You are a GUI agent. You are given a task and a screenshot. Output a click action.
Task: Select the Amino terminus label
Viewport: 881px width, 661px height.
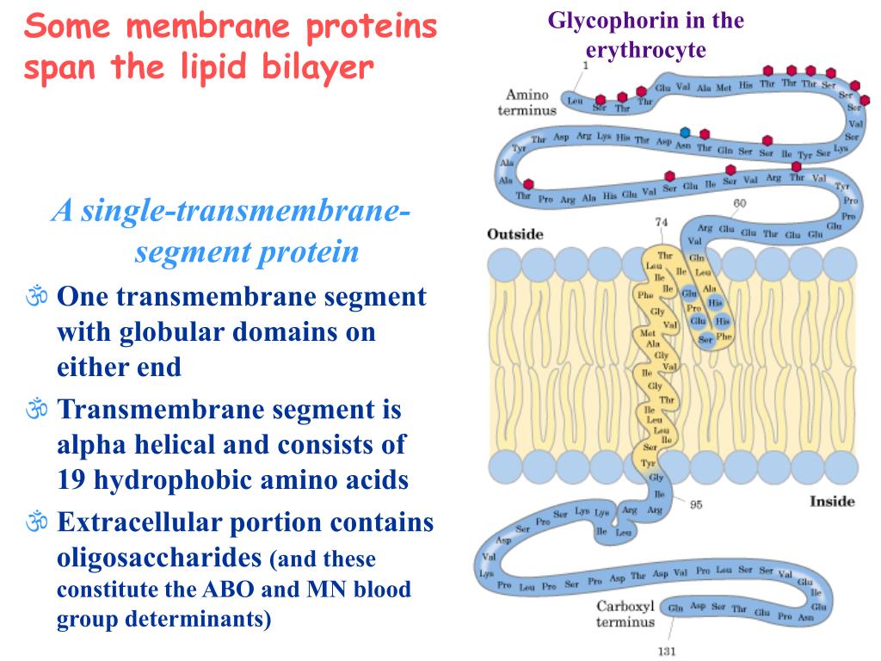click(527, 102)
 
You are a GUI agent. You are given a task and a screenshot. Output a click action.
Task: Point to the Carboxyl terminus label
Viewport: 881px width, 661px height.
click(625, 614)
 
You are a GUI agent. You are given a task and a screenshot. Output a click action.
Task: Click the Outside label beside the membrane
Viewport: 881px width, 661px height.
click(514, 234)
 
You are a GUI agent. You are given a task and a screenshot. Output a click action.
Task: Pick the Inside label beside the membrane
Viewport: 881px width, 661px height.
click(832, 501)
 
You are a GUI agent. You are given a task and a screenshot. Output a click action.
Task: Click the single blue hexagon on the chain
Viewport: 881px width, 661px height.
click(685, 132)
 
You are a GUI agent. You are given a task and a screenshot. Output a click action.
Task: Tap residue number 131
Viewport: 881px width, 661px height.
click(668, 651)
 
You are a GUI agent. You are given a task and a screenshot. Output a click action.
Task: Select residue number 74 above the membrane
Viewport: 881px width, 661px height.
click(661, 222)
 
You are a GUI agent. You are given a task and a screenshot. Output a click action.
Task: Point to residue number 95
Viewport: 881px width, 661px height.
click(696, 504)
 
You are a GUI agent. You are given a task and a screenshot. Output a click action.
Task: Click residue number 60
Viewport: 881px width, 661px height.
click(739, 203)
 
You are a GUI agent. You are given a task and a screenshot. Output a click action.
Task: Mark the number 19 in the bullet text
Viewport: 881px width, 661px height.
click(71, 480)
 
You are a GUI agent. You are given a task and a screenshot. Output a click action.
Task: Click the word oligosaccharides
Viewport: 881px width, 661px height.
click(159, 558)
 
